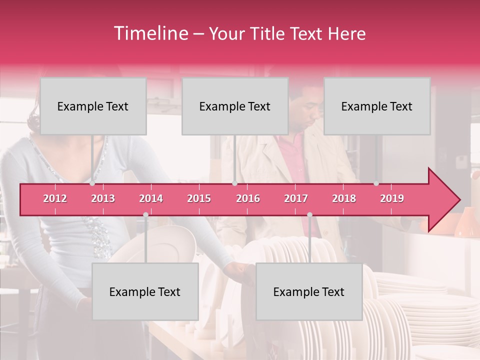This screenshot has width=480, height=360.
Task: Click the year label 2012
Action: [55, 198]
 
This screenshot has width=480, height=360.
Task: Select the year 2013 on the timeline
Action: [103, 198]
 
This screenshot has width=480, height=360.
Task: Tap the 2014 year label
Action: [151, 198]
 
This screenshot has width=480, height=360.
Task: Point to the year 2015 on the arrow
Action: [199, 198]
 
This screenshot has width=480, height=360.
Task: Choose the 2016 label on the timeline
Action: [248, 198]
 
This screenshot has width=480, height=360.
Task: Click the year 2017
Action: [296, 198]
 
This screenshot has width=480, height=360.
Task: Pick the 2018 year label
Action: [344, 198]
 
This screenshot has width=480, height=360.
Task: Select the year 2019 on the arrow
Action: [392, 198]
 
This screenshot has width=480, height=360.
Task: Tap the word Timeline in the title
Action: [150, 33]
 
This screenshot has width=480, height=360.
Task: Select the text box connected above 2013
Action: [93, 106]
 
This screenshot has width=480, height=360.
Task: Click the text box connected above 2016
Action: [235, 106]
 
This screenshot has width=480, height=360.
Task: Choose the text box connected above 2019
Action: [377, 106]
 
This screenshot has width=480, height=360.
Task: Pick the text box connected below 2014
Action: [145, 291]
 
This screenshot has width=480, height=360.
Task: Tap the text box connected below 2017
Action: [309, 291]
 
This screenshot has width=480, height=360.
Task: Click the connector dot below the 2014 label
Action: [145, 214]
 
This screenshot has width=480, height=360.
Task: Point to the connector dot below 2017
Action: [309, 214]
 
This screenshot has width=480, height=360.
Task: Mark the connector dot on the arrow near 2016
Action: [234, 183]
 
